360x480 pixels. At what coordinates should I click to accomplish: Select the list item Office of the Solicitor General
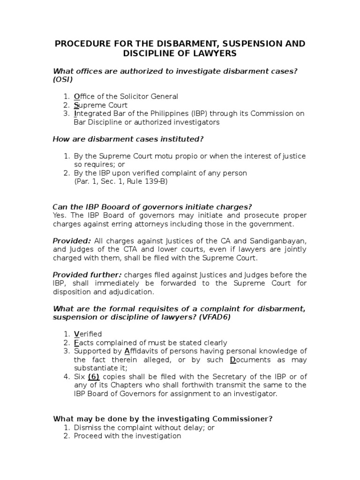tap(126, 97)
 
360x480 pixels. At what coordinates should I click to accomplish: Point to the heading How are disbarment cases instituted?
tap(128, 139)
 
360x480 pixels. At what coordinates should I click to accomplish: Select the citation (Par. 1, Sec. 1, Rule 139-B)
tap(120, 182)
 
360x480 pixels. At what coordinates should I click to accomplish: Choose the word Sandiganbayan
tap(278, 241)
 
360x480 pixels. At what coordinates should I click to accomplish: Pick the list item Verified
tap(88, 334)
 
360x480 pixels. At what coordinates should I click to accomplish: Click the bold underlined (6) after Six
tap(95, 377)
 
